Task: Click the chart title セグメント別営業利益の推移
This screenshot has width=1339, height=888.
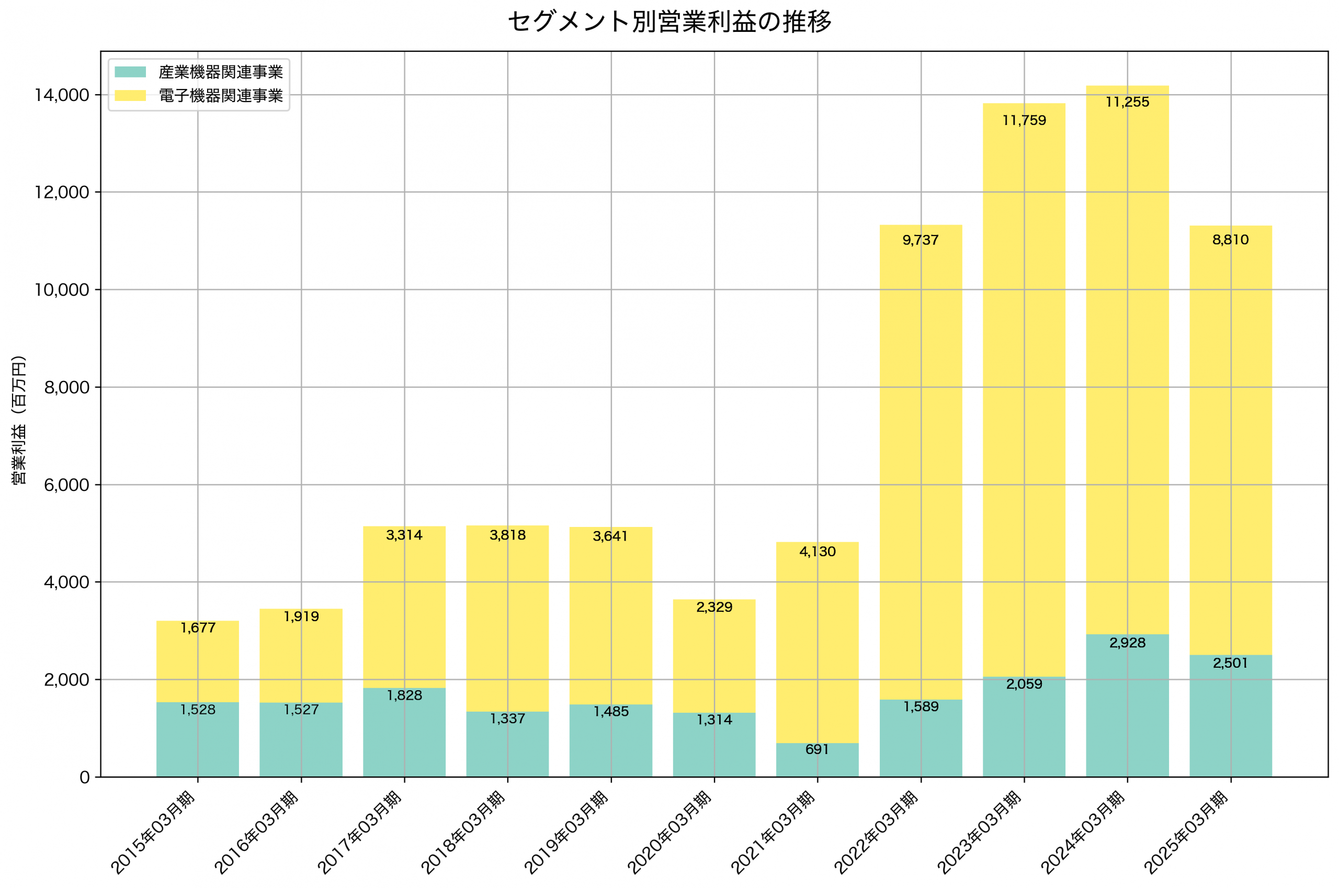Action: click(x=669, y=22)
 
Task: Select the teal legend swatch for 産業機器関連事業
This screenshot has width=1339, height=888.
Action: click(x=130, y=72)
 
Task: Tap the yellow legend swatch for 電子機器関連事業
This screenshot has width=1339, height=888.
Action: click(x=130, y=96)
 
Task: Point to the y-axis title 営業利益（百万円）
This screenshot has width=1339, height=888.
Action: click(x=19, y=420)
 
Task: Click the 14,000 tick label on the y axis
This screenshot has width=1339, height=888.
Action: click(x=62, y=95)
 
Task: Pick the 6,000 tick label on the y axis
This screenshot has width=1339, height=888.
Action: click(x=66, y=485)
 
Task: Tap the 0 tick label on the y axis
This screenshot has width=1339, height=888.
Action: click(x=84, y=777)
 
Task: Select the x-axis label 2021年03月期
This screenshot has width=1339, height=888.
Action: click(x=773, y=833)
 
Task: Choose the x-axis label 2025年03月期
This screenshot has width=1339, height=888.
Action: click(x=1186, y=833)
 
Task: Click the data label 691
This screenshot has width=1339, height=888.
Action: click(x=816, y=749)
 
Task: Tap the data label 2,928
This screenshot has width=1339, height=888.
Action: click(x=1127, y=643)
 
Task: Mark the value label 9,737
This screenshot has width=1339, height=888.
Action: click(x=920, y=240)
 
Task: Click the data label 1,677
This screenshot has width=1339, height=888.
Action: click(x=198, y=627)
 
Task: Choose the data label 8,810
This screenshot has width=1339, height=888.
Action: click(x=1230, y=240)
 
